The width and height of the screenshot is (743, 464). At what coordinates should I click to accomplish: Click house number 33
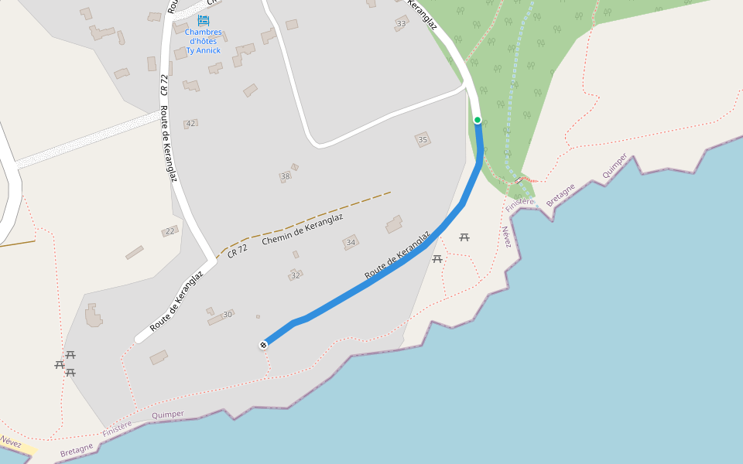pyautogui.click(x=400, y=24)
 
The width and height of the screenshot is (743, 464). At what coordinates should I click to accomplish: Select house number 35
pyautogui.click(x=423, y=140)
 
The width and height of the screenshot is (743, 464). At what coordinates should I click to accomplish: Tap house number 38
pyautogui.click(x=285, y=176)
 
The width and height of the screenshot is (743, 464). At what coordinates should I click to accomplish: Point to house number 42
pyautogui.click(x=190, y=124)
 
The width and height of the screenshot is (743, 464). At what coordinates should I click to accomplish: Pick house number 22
pyautogui.click(x=169, y=230)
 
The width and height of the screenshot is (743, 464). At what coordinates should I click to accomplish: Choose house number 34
pyautogui.click(x=351, y=243)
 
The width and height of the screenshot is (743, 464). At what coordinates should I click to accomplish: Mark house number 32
pyautogui.click(x=295, y=275)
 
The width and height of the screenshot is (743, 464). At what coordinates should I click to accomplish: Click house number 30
pyautogui.click(x=227, y=315)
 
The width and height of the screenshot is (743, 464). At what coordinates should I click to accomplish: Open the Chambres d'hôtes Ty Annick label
pyautogui.click(x=204, y=42)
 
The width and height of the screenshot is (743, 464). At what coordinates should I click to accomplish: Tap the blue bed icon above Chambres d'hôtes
pyautogui.click(x=204, y=20)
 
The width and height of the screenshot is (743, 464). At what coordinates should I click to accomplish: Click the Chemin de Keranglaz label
pyautogui.click(x=302, y=230)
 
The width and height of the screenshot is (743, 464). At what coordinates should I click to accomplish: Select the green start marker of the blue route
pyautogui.click(x=478, y=120)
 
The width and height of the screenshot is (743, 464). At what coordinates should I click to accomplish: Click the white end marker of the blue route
pyautogui.click(x=264, y=344)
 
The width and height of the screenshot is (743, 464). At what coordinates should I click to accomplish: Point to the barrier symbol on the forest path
pyautogui.click(x=518, y=181)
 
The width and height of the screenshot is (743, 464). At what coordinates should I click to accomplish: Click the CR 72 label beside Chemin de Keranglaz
pyautogui.click(x=238, y=250)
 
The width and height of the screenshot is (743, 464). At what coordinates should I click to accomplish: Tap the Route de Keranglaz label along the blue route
pyautogui.click(x=398, y=255)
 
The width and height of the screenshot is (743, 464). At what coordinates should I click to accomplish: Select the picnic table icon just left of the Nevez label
pyautogui.click(x=464, y=237)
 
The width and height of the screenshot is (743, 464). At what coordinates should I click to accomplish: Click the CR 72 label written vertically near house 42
pyautogui.click(x=164, y=84)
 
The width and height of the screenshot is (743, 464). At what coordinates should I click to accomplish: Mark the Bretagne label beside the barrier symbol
pyautogui.click(x=560, y=195)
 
